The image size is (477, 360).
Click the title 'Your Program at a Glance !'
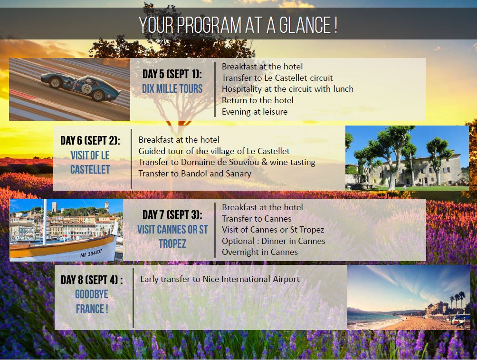tap(238, 25)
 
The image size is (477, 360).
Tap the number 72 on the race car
tap(86, 88)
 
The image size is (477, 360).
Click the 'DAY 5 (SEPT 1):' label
tap(172, 74)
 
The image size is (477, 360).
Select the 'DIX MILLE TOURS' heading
tap(172, 89)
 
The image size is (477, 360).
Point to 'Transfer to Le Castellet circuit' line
tap(277, 78)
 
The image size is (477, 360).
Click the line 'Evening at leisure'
tap(254, 112)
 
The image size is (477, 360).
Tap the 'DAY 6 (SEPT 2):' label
tap(90, 141)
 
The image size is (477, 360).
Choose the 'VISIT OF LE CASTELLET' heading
tap(90, 162)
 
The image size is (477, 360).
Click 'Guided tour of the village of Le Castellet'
tap(214, 151)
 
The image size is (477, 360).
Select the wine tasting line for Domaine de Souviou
tap(227, 162)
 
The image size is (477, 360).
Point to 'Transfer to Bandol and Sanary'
tap(195, 173)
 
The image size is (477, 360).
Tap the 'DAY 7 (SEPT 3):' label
tap(172, 214)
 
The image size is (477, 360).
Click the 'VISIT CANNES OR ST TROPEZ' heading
tap(172, 236)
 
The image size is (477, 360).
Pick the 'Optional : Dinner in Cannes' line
tap(273, 241)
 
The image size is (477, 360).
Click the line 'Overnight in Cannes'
tap(259, 252)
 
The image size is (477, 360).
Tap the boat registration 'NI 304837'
tap(91, 253)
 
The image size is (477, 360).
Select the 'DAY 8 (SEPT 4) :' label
tap(91, 280)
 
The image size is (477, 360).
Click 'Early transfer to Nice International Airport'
tap(219, 279)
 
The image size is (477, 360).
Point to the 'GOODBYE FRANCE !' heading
tap(91, 302)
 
